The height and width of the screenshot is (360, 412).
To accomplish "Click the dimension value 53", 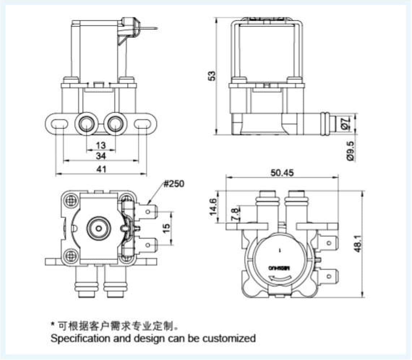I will point(213,75).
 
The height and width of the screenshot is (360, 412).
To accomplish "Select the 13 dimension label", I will point(101,145).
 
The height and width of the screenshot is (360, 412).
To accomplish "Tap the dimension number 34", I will point(101,156).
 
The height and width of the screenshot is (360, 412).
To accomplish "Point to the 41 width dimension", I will point(101,169).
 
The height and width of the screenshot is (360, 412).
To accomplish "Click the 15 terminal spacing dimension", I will point(167,228).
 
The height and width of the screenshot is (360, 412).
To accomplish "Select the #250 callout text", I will point(173,184).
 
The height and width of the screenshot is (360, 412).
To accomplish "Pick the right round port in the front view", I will point(115,124).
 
